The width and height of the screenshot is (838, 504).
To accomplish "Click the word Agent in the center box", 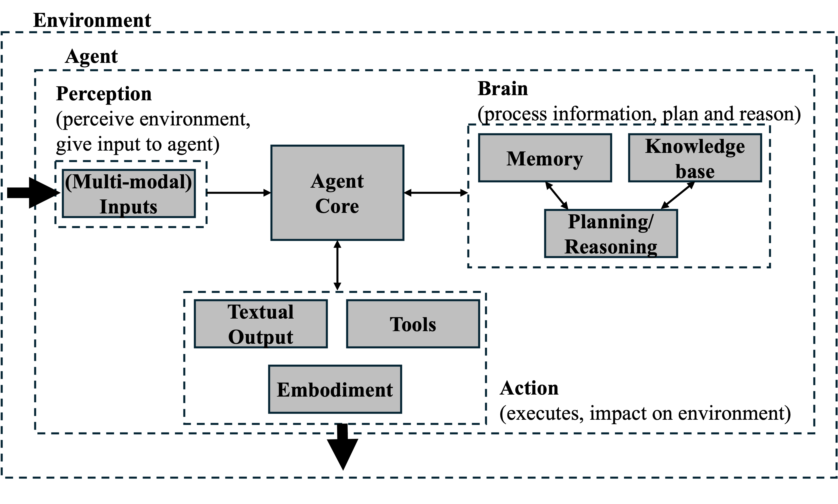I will tap(337, 181).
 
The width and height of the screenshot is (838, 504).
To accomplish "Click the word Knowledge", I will tap(695, 146).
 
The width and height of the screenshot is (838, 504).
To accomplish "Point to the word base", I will tap(695, 171).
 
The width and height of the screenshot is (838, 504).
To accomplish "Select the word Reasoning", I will tap(611, 247).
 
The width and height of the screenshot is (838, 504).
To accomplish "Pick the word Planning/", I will tap(611, 222).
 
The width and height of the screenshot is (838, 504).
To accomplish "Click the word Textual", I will tap(261, 312).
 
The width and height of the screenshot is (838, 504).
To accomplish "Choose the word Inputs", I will tap(128, 207).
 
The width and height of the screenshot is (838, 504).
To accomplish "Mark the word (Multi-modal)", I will tap(128, 182).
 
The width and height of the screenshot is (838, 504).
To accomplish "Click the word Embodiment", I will tap(335, 389).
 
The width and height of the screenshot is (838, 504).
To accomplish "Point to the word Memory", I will tap(545, 159).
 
